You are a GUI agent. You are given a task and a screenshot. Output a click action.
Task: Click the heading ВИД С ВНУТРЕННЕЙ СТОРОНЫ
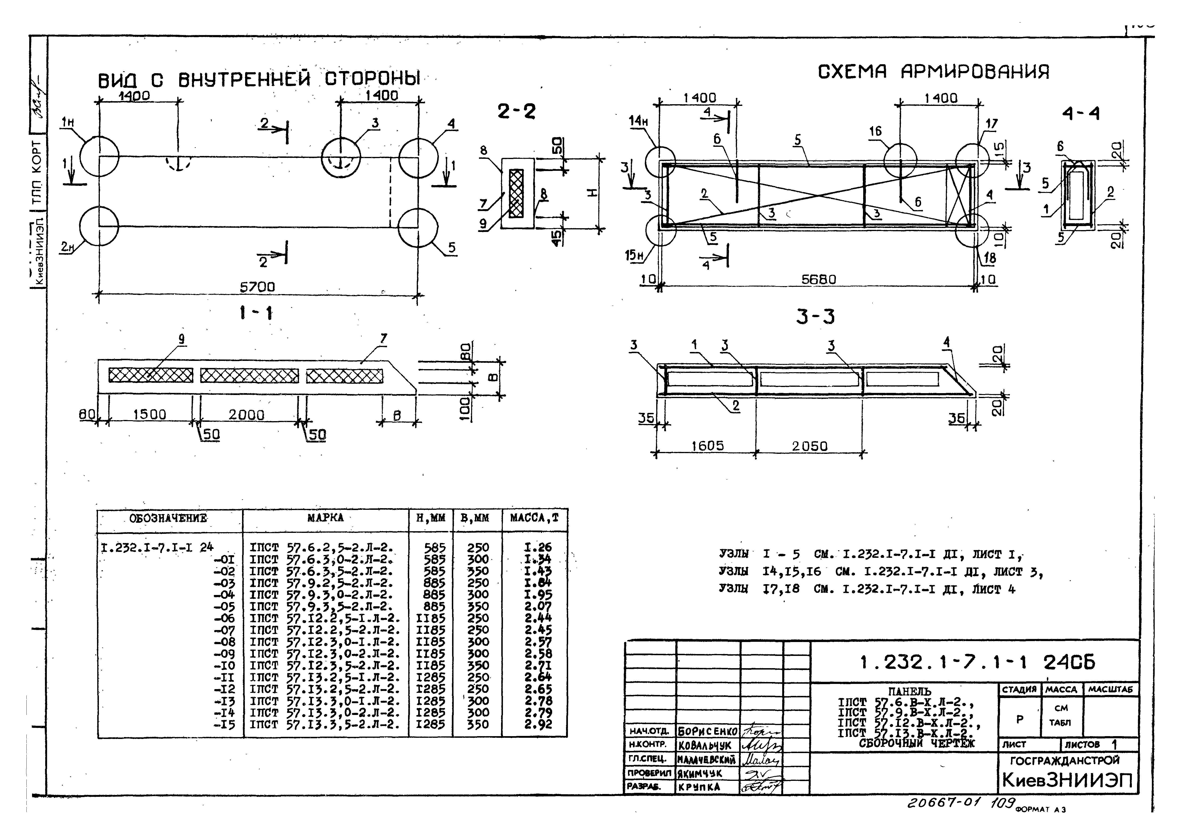(259, 80)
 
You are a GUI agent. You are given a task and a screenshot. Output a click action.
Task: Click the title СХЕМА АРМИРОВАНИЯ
(933, 72)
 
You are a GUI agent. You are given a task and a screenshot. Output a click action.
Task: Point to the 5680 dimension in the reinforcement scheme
(818, 279)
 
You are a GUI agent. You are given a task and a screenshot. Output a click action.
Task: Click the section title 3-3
(815, 317)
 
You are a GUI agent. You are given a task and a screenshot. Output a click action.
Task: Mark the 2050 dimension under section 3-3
(809, 446)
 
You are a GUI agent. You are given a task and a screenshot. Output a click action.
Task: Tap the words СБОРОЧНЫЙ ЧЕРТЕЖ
(916, 743)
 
